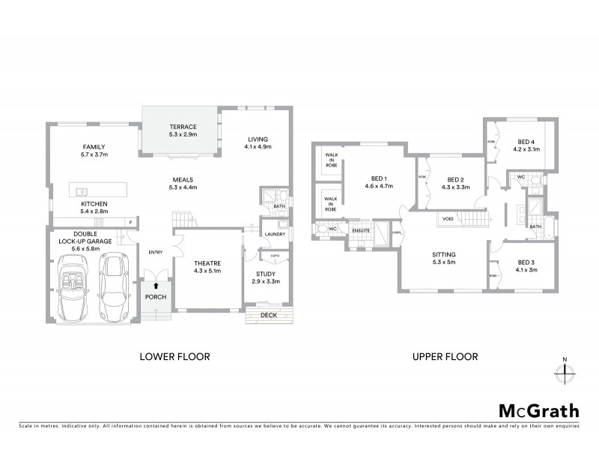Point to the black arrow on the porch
[x=156, y=285]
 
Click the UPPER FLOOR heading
[x=446, y=357]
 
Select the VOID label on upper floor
[x=448, y=219]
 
